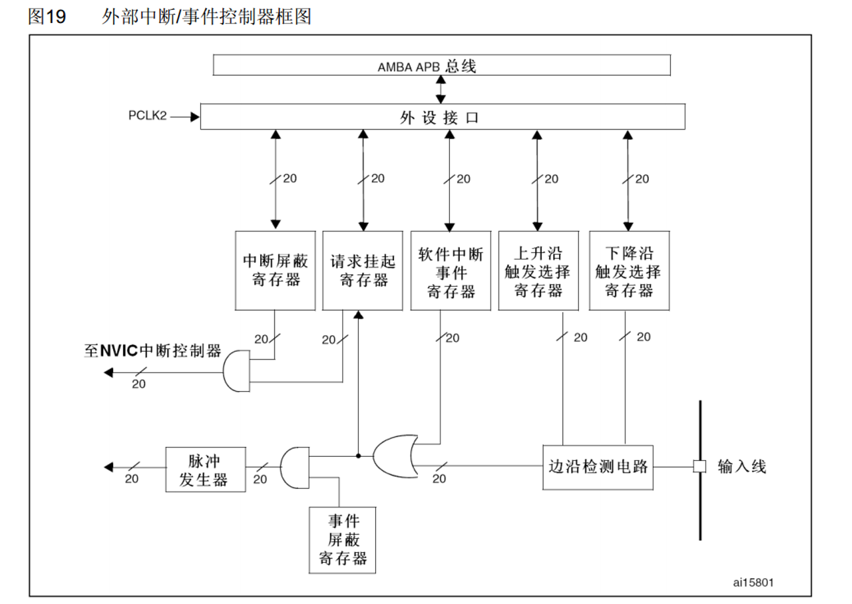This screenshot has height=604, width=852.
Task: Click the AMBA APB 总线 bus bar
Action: pos(441,66)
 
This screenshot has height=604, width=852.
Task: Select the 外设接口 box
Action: pos(441,118)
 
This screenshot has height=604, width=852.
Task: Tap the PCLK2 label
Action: pos(148,116)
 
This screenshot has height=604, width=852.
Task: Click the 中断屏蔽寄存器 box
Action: pos(275,269)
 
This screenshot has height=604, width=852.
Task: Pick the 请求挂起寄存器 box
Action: pos(363,269)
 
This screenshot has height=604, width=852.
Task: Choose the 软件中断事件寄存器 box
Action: pos(451,269)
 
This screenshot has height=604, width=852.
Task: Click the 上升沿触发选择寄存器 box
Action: pos(538,269)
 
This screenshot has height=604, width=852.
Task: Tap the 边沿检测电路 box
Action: pos(598,467)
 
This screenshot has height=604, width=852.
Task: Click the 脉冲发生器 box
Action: pos(206,468)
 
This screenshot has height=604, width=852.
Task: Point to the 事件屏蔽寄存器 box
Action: pos(342,540)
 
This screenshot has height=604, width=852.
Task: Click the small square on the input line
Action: pos(700,467)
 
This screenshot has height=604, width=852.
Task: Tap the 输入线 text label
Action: pos(742,467)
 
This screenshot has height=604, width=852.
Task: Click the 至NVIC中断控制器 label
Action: pos(152,350)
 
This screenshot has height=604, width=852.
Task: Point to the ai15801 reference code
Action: pos(753,582)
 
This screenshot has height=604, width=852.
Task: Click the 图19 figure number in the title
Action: pos(47,17)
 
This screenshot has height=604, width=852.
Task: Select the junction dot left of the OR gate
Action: pos(358,455)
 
